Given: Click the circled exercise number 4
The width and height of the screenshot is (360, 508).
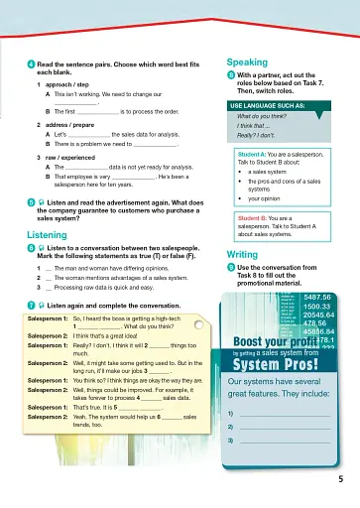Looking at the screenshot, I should click(31, 63).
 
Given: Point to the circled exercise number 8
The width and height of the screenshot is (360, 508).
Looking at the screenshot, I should click(231, 74).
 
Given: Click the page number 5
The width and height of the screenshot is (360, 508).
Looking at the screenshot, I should click(339, 479).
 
